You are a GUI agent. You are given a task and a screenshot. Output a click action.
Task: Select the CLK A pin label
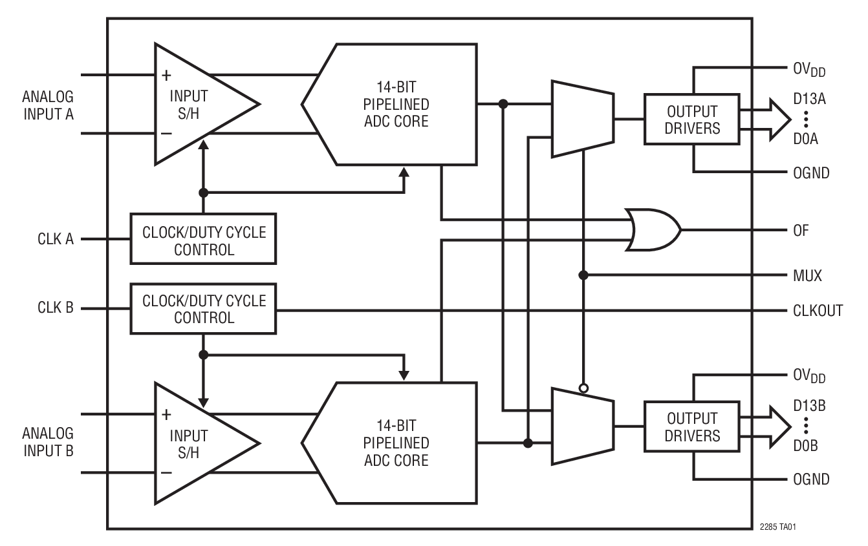[56, 239]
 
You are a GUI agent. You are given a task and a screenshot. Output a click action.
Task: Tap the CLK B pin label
[56, 308]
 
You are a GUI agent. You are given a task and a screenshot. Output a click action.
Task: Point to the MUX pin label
[807, 276]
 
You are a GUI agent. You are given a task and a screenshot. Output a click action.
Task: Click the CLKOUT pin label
[818, 311]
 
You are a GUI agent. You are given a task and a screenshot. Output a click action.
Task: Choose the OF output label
[801, 231]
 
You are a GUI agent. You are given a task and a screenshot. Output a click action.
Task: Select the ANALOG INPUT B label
[48, 442]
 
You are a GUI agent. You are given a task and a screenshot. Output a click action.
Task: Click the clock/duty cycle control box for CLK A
[203, 239]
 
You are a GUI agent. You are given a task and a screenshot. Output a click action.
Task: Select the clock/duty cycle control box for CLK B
[203, 308]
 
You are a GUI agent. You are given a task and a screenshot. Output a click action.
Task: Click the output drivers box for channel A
[691, 120]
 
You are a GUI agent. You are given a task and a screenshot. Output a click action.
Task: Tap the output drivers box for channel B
[691, 426]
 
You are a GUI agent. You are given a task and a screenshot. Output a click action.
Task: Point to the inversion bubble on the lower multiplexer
[583, 388]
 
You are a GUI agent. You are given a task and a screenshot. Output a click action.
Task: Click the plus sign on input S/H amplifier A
[166, 76]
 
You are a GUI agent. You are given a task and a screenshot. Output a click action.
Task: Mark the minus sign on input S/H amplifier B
[166, 472]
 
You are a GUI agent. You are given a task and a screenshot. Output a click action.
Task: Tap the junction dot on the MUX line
[583, 275]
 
